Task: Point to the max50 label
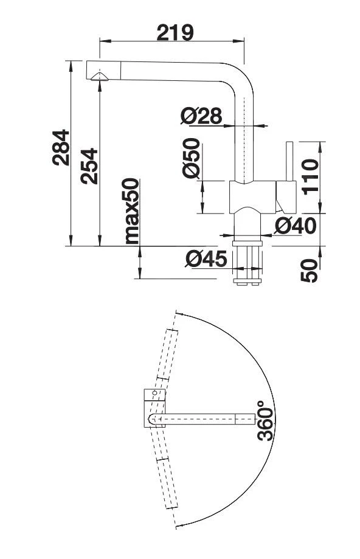click(x=132, y=210)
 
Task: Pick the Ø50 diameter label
click(x=192, y=158)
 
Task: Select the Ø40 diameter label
click(x=295, y=226)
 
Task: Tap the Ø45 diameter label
click(x=206, y=259)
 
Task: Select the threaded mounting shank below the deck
click(x=246, y=265)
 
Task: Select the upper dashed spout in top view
click(x=168, y=353)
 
